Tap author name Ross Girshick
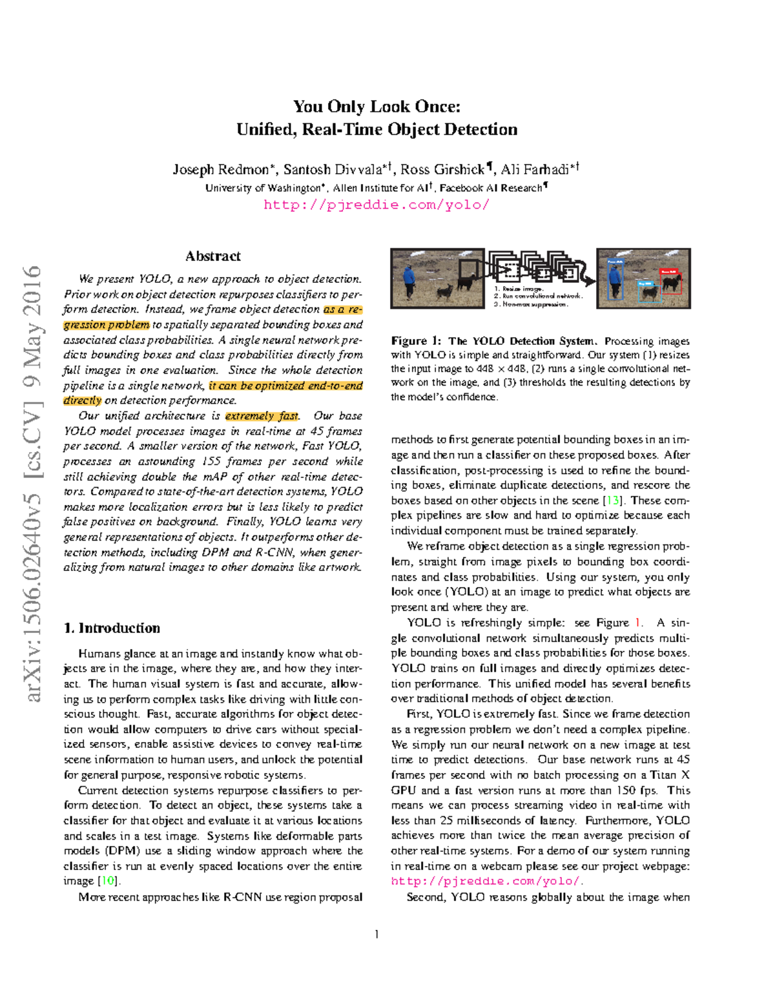point(442,169)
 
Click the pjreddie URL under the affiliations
point(377,205)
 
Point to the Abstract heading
point(212,256)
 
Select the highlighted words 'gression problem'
point(107,325)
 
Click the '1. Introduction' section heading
point(112,628)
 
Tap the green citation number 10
point(107,881)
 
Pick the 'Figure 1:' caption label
point(416,341)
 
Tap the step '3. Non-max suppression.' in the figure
point(531,304)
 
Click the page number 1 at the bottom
point(377,934)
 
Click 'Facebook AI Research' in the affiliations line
point(491,188)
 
